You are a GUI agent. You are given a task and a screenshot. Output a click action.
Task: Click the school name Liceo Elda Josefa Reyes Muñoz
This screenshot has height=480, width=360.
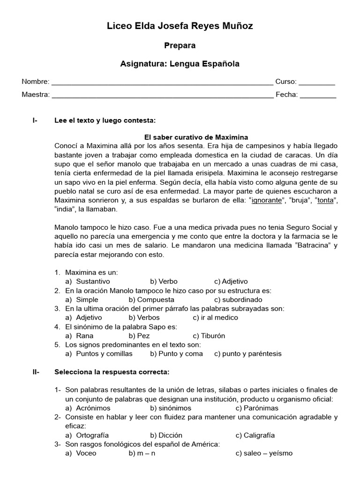point(180,26)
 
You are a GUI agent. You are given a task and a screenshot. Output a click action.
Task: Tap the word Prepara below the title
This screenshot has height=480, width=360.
point(180,45)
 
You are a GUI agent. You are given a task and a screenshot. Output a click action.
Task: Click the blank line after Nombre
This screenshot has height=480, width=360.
point(162,82)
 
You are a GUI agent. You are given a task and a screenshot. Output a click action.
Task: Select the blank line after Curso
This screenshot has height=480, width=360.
point(317,82)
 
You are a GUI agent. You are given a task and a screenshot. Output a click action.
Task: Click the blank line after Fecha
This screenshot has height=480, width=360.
point(317,95)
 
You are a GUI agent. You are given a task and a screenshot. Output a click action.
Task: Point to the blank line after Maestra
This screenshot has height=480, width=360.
point(162,95)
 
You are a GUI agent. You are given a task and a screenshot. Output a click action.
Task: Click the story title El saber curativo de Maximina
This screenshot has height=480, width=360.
point(196,137)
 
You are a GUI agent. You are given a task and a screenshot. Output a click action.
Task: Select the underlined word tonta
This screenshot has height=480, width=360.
point(326,200)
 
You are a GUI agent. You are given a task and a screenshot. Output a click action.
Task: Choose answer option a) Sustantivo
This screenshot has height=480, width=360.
point(88,281)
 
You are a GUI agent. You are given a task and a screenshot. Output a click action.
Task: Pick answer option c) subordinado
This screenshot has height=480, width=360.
point(238,300)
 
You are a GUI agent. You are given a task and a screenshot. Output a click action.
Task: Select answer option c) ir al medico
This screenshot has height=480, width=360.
point(216,317)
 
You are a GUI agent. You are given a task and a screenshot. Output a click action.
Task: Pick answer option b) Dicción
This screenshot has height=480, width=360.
point(166,435)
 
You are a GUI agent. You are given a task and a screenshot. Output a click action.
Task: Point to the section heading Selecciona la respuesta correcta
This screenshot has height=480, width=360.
point(112,372)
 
